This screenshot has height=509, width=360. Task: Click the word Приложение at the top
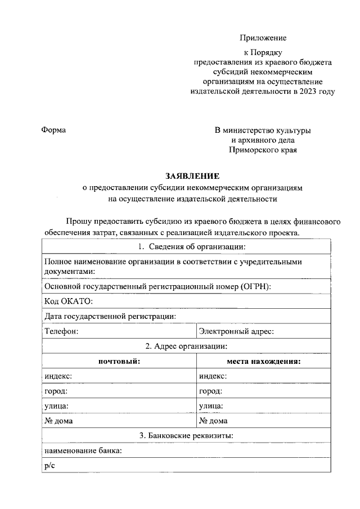click(263, 38)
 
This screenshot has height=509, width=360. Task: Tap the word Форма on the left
click(54, 130)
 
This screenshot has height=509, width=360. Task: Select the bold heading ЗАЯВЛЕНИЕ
click(192, 176)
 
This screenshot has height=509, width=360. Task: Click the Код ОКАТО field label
click(64, 301)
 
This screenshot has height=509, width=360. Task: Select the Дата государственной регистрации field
click(110, 316)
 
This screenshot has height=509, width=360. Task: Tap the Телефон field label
click(61, 331)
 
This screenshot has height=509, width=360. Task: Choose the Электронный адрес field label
click(236, 331)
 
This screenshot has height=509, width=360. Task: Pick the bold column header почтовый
click(119, 361)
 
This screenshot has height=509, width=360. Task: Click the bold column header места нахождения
click(263, 361)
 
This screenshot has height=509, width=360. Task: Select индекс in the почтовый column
click(58, 376)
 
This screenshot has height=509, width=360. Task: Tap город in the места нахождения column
click(210, 391)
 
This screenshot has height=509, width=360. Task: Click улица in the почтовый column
click(57, 406)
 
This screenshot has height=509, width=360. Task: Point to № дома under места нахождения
click(213, 420)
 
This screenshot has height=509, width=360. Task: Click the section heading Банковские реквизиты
click(186, 435)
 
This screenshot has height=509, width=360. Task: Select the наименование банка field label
click(83, 451)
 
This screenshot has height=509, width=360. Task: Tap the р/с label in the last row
click(49, 465)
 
